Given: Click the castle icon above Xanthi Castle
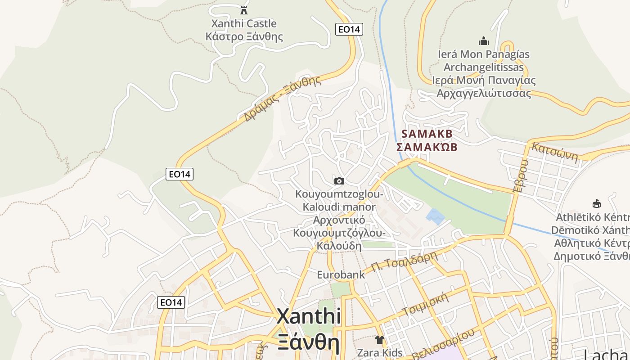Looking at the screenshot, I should point(244,10).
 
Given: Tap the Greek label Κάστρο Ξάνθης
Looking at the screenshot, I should point(244,36).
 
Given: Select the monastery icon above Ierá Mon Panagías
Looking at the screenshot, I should point(484,41).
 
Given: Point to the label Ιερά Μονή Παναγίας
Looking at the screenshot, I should point(484,81).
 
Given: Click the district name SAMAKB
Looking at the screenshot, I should point(427,134).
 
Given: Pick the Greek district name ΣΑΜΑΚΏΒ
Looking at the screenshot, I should point(427,147).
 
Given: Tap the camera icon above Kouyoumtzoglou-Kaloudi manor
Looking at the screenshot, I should point(339,181).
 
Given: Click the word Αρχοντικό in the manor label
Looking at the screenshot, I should point(339,220).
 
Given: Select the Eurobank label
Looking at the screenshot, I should point(341,274).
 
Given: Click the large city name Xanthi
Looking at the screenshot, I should point(309,316).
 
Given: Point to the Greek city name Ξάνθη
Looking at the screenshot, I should point(309,342).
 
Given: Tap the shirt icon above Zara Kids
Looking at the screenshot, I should point(380,339).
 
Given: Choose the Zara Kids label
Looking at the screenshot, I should point(380,352).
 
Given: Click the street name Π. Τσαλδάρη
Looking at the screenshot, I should point(405,262).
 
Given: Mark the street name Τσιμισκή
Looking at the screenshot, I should point(426,305).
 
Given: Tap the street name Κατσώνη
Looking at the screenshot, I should point(554,152).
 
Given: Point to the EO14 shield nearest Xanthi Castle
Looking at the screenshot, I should point(349,29).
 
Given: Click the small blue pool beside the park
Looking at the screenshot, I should point(435,216).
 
